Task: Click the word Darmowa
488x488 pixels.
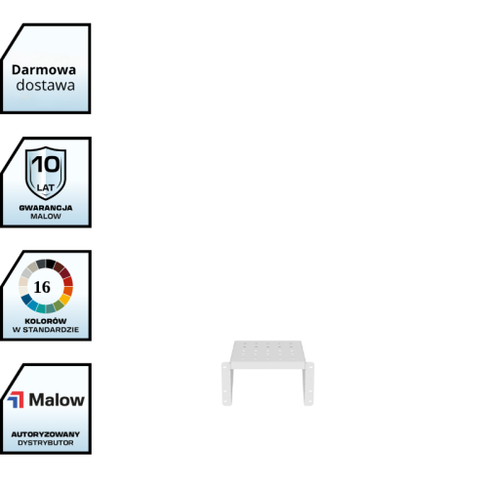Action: pos(44,69)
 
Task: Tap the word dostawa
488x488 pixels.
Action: pos(46,85)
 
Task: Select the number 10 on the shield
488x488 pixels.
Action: pos(46,164)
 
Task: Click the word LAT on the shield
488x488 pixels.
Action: pos(45,187)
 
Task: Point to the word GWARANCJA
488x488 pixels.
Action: pos(46,208)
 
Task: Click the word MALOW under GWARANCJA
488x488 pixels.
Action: pos(46,216)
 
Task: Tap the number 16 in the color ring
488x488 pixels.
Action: pos(42,287)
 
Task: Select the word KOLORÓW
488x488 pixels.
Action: pos(46,321)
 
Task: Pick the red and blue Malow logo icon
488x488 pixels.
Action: pos(16,399)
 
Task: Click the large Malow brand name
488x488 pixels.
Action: pos(57,399)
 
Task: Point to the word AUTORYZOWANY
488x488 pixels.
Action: pos(46,434)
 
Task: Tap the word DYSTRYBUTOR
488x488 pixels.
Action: pos(46,443)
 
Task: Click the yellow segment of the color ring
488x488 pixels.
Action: pos(64,299)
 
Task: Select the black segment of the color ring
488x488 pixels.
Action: pos(51,264)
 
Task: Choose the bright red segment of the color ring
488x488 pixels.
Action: pos(68,281)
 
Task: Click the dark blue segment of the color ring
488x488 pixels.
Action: pos(26,299)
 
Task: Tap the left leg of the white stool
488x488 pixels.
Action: pos(227,384)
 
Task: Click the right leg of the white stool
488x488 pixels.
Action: pos(308,384)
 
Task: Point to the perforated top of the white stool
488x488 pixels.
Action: pos(267,352)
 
